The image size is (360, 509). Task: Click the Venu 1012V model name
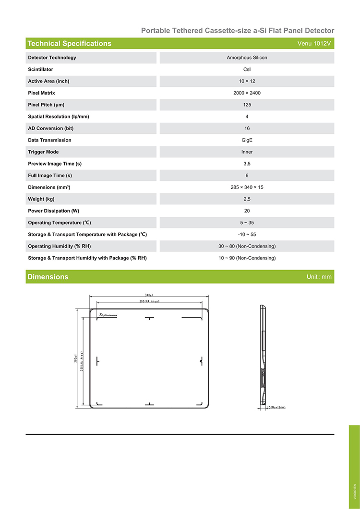pyautogui.click(x=315, y=44)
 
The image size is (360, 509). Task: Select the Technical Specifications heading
pyautogui.click(x=69, y=44)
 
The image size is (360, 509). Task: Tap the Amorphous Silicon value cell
pyautogui.click(x=247, y=58)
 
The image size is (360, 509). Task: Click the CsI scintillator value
pyautogui.click(x=247, y=70)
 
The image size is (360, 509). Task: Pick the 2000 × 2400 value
pyautogui.click(x=247, y=93)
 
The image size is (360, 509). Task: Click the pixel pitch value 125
pyautogui.click(x=247, y=105)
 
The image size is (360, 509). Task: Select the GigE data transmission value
pyautogui.click(x=247, y=140)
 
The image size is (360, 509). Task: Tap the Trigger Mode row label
pyautogui.click(x=43, y=152)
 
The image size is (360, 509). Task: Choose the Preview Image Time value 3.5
pyautogui.click(x=247, y=164)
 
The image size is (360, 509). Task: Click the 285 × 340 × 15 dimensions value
pyautogui.click(x=247, y=187)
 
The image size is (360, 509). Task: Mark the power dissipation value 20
pyautogui.click(x=247, y=211)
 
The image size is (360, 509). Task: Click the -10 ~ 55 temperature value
pyautogui.click(x=247, y=234)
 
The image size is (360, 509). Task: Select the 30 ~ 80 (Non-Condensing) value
pyautogui.click(x=247, y=246)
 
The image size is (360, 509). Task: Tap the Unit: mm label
pyautogui.click(x=319, y=277)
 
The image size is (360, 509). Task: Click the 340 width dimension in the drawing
pyautogui.click(x=149, y=296)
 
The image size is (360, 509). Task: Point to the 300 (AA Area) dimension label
pyautogui.click(x=149, y=301)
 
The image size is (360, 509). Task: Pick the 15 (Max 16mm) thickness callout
pyautogui.click(x=276, y=407)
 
